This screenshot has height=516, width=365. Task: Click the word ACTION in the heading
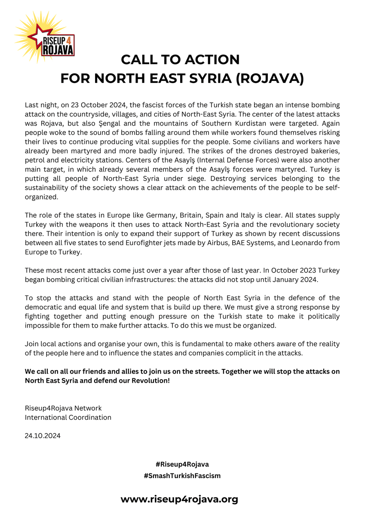[210, 59]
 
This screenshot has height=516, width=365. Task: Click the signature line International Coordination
[68, 417]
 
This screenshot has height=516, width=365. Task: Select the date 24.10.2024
[43, 436]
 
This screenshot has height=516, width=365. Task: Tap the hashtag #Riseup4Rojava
[182, 464]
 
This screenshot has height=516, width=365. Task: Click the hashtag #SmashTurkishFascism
[182, 476]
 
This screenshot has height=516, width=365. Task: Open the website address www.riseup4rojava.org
[179, 499]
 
